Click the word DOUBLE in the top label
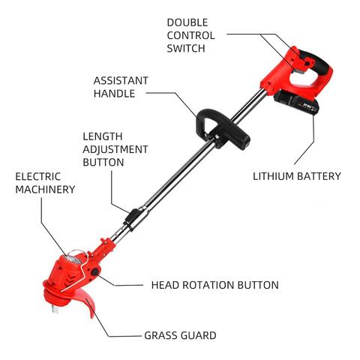click(187, 22)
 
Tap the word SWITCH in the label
click(186, 48)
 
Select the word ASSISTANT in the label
click(121, 80)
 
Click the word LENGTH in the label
click(103, 136)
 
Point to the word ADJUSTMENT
click(115, 149)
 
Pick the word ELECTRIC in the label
click(37, 177)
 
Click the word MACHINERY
click(45, 190)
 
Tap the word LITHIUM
click(273, 176)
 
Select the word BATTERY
click(319, 176)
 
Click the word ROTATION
click(208, 285)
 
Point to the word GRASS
click(163, 335)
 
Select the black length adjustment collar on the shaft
click(132, 217)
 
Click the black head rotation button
click(94, 272)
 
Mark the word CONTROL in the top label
click(190, 35)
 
